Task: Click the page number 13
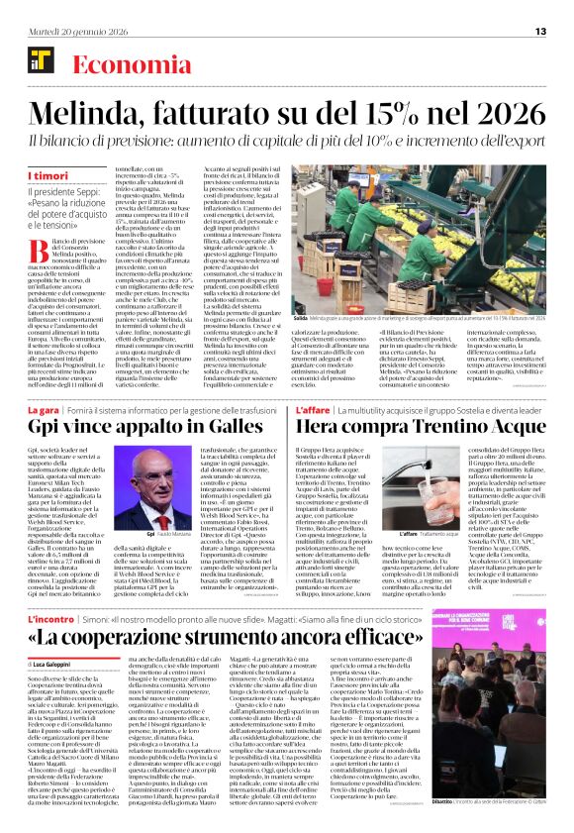tap(540, 31)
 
